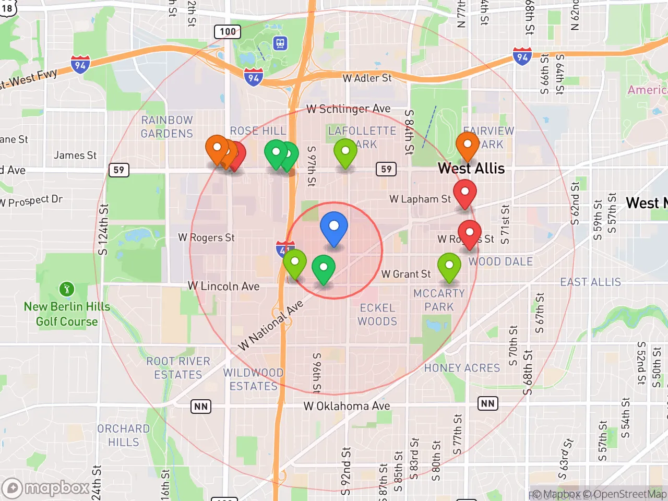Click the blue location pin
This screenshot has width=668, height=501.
tap(333, 228)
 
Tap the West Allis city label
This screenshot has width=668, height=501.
tap(471, 169)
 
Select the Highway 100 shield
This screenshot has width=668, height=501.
tap(228, 31)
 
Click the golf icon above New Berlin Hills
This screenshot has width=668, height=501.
tap(66, 289)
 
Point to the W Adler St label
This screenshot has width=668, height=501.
tap(367, 78)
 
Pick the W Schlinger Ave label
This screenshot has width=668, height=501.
tap(348, 109)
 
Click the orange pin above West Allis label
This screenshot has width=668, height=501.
tap(467, 146)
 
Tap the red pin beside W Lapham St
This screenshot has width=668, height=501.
tap(464, 193)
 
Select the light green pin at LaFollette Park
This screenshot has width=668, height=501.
tap(345, 152)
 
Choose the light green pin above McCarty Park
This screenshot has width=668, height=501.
tap(449, 267)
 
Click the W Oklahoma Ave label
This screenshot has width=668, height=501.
tap(347, 406)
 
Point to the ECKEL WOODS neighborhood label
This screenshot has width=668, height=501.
tap(377, 315)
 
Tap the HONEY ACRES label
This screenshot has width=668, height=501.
tap(462, 368)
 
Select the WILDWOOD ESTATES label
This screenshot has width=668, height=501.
tap(254, 379)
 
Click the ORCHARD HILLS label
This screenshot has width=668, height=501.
tap(124, 435)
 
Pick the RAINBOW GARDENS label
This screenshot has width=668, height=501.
tap(167, 127)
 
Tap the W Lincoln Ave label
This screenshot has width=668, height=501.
tap(223, 286)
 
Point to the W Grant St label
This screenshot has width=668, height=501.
tap(406, 274)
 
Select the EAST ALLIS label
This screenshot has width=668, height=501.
tap(590, 282)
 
